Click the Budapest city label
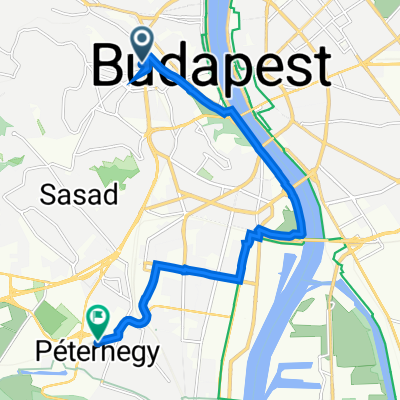pyautogui.click(x=212, y=68)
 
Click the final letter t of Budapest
pyautogui.click(x=319, y=68)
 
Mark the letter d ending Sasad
pyautogui.click(x=107, y=196)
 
